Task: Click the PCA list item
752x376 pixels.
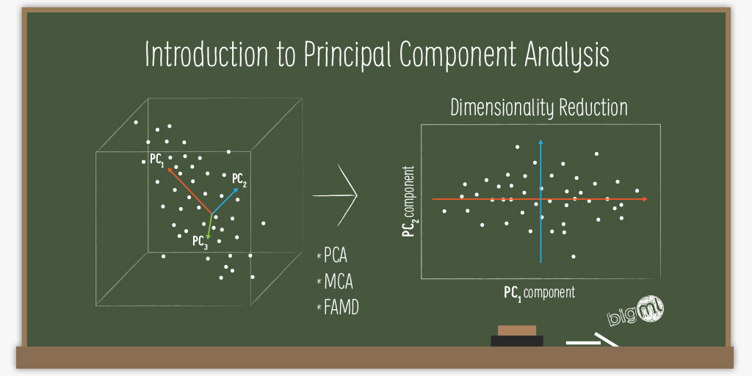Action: click(335, 257)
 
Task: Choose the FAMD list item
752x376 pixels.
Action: click(341, 307)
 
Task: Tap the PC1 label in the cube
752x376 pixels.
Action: click(156, 159)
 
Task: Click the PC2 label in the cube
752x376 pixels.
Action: click(239, 178)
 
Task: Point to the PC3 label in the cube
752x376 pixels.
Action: click(200, 242)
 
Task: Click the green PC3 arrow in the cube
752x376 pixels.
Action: click(210, 226)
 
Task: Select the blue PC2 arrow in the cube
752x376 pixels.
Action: click(226, 200)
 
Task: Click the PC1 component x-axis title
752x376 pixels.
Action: click(539, 292)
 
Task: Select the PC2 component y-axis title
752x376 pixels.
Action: click(408, 202)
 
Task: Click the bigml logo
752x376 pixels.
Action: click(636, 313)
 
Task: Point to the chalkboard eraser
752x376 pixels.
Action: click(517, 336)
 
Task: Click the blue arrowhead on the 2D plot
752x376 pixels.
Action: click(540, 142)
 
